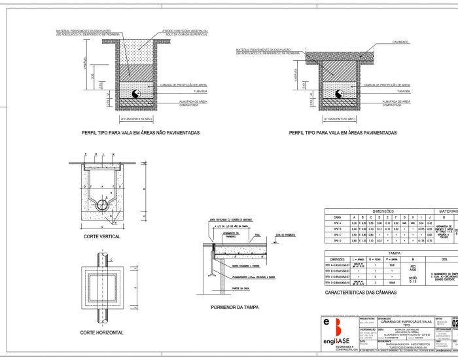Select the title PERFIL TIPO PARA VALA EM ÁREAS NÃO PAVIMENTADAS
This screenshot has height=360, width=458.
tap(140, 132)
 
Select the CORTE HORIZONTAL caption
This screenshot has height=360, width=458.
tap(101, 314)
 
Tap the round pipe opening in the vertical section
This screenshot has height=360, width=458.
tap(103, 204)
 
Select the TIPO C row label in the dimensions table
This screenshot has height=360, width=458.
tap(338, 234)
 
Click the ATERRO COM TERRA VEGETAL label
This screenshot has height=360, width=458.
tap(186, 32)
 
